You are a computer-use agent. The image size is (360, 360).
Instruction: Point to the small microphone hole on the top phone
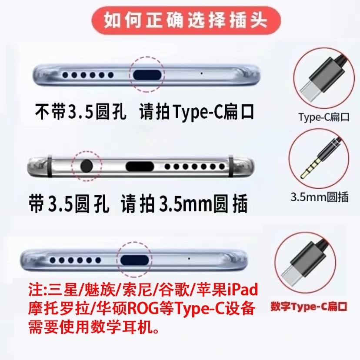[202, 73]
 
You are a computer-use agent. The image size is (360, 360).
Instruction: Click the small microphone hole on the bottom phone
[189, 258]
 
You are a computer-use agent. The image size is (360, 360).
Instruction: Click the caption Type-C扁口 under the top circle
[324, 117]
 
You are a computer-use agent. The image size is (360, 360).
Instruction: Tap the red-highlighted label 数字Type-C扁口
[309, 307]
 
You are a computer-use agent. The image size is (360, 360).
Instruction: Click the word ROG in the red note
[137, 308]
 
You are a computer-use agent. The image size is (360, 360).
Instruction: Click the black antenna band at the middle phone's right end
[231, 166]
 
